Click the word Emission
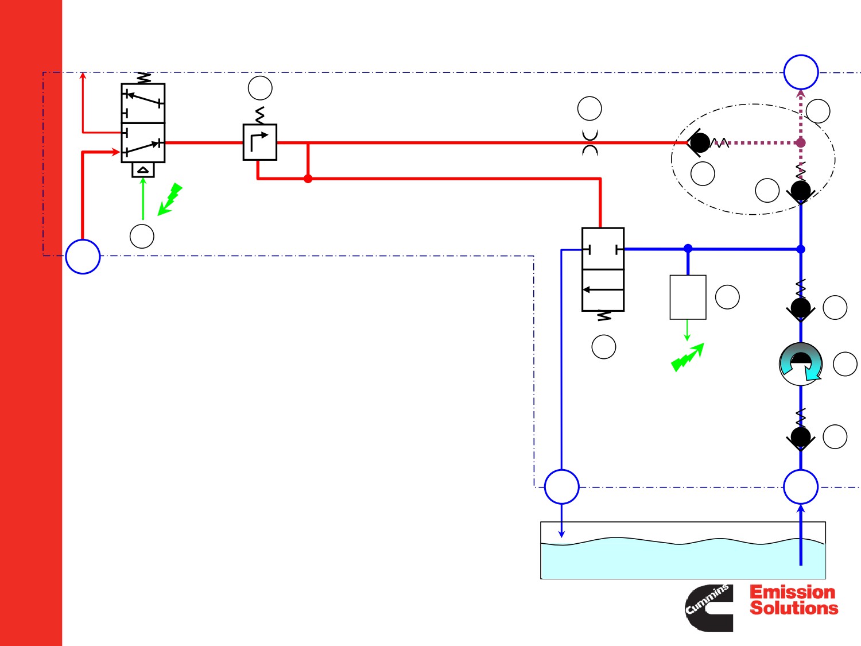coord(792,592)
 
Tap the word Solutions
coord(794,608)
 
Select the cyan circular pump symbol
coord(801,364)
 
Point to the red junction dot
coord(308,179)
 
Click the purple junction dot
coord(801,143)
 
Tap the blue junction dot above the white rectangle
coord(688,248)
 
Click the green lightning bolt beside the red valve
coord(170,199)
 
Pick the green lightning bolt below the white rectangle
coord(688,357)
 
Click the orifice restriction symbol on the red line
coord(590,142)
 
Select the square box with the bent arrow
coord(259,142)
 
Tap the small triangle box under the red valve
coord(143,170)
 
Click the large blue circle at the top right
coord(801,72)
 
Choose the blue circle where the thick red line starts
coord(83,257)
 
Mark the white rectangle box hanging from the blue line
coord(688,297)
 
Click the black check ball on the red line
coord(700,143)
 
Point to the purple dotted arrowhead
coord(801,94)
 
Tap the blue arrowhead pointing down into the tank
coord(562,534)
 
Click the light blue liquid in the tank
coord(683,561)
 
